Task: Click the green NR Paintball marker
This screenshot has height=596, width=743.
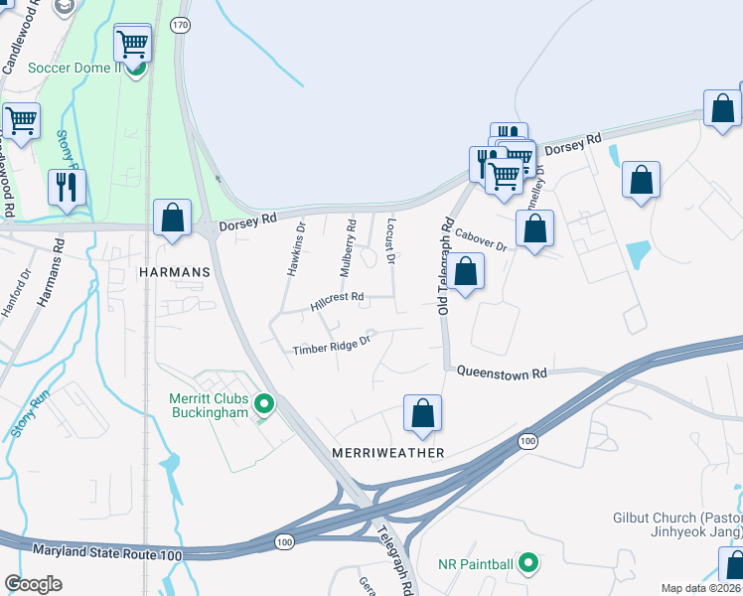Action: point(528,564)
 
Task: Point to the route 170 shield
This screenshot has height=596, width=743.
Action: point(180,26)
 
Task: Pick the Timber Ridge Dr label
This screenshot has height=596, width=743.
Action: point(331,345)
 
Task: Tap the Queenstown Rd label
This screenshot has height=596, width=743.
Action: point(502,373)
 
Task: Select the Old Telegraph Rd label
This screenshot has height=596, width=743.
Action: point(445,268)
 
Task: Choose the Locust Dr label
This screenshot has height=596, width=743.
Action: point(390,242)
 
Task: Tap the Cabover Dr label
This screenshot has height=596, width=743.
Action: point(481,239)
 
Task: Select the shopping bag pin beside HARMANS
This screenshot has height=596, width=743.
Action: point(172,219)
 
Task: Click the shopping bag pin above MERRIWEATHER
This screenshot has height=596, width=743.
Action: point(422,414)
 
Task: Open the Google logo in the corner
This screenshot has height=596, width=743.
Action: point(34,584)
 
